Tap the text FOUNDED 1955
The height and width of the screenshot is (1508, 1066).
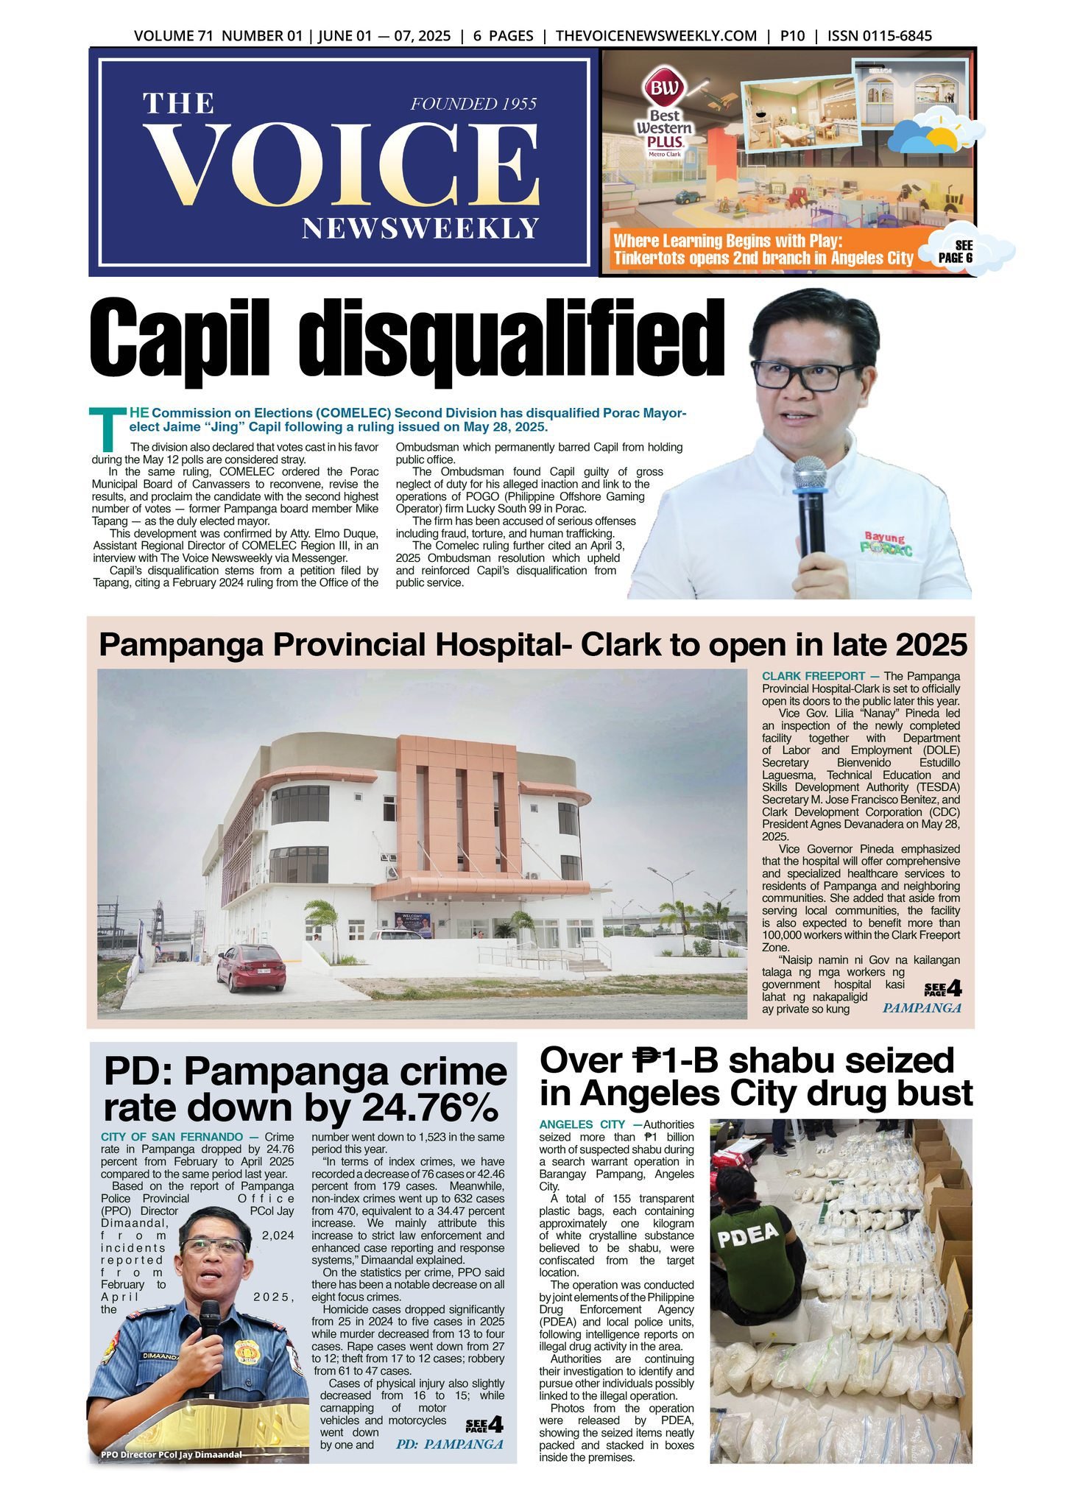pyautogui.click(x=473, y=104)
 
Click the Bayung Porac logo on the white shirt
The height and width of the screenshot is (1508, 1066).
pyautogui.click(x=886, y=543)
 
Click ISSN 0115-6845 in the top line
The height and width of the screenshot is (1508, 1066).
pyautogui.click(x=880, y=36)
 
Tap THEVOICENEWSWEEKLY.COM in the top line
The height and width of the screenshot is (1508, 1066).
pyautogui.click(x=656, y=36)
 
